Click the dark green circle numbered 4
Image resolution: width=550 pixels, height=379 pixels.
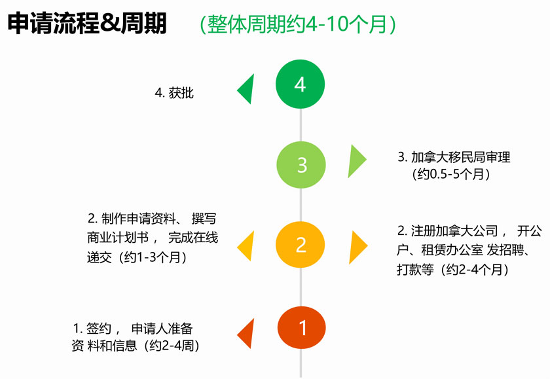point(301,84)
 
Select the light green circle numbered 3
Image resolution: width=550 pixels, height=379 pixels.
point(301,165)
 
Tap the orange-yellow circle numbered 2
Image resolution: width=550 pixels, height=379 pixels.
point(301,245)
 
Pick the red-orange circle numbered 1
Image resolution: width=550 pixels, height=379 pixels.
point(302,327)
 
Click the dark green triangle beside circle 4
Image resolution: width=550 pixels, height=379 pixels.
point(247,90)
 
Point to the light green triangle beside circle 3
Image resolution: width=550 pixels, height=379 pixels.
point(356,161)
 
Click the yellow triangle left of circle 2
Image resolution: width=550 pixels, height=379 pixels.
point(247,246)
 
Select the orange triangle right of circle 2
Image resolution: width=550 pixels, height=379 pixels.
point(357,247)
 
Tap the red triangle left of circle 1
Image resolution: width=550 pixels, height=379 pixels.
point(247,334)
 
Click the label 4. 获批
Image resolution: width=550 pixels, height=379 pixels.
point(174,93)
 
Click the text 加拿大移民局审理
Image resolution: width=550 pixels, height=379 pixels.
point(460,157)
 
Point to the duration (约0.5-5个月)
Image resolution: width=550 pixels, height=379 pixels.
point(451,174)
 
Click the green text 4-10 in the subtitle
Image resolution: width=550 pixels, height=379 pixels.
point(326,24)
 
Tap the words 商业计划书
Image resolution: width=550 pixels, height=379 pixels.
point(118,238)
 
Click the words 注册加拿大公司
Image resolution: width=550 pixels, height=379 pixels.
point(454,231)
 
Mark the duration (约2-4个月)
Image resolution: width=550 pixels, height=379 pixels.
point(475,270)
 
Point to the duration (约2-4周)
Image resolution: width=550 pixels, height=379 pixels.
point(172,346)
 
